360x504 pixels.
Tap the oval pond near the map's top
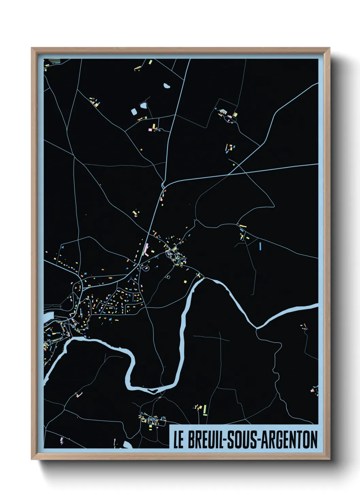(167, 86)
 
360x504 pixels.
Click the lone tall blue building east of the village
(260, 246)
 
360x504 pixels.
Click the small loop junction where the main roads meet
(164, 186)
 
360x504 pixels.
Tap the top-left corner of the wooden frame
(32, 48)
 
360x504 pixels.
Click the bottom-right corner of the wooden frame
(329, 459)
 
